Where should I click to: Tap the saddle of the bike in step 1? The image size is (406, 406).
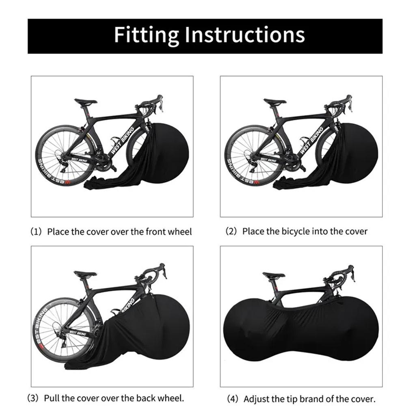tap(86, 102)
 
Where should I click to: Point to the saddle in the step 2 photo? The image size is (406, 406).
tap(275, 102)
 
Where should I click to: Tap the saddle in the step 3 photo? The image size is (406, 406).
tap(85, 274)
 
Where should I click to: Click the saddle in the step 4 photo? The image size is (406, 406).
tap(274, 276)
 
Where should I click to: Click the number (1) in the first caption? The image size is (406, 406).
tap(36, 232)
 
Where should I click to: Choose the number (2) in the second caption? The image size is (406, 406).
tap(231, 231)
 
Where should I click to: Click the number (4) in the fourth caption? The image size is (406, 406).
tap(233, 399)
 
